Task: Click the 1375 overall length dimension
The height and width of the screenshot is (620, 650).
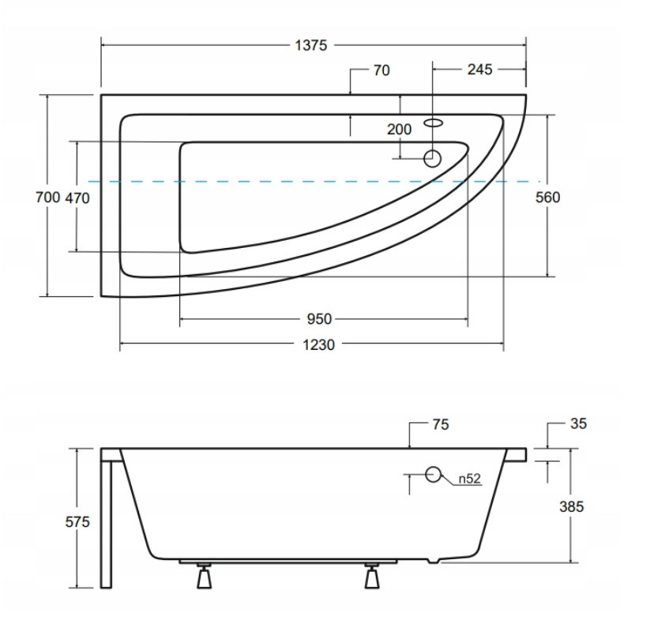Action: click(311, 45)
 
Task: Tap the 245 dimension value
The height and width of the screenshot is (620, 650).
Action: click(480, 70)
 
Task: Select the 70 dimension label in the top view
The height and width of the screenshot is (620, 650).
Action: click(381, 70)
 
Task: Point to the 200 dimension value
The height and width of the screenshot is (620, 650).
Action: click(399, 130)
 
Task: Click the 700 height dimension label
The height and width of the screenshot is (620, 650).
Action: click(48, 197)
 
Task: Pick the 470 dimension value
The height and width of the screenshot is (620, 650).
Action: click(77, 198)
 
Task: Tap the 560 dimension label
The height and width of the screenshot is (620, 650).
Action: click(547, 197)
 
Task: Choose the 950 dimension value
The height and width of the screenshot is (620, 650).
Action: click(319, 319)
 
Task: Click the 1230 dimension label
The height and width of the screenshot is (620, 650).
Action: click(318, 345)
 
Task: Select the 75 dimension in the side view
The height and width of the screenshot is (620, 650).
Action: click(441, 424)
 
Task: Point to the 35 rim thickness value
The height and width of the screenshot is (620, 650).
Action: click(579, 423)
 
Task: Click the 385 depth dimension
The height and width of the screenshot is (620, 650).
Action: click(572, 506)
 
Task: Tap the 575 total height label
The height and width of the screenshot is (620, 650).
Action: click(77, 522)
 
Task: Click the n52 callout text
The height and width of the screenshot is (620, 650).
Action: click(469, 479)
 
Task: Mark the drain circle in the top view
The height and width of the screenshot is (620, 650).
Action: click(432, 159)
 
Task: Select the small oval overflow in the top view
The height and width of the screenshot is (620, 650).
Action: click(434, 122)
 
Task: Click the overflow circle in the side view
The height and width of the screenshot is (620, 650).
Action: click(433, 475)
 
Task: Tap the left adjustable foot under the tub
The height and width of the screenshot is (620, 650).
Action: click(204, 576)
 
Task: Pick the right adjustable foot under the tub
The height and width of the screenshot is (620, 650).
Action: click(372, 576)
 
